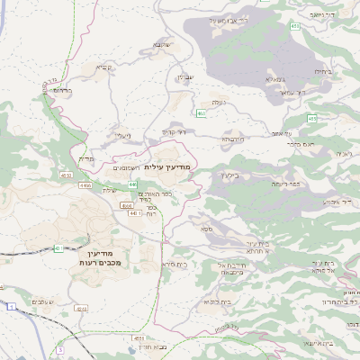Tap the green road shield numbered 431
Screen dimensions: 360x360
point(58,247)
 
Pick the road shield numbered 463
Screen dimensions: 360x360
point(202,113)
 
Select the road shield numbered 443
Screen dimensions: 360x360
point(133,213)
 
